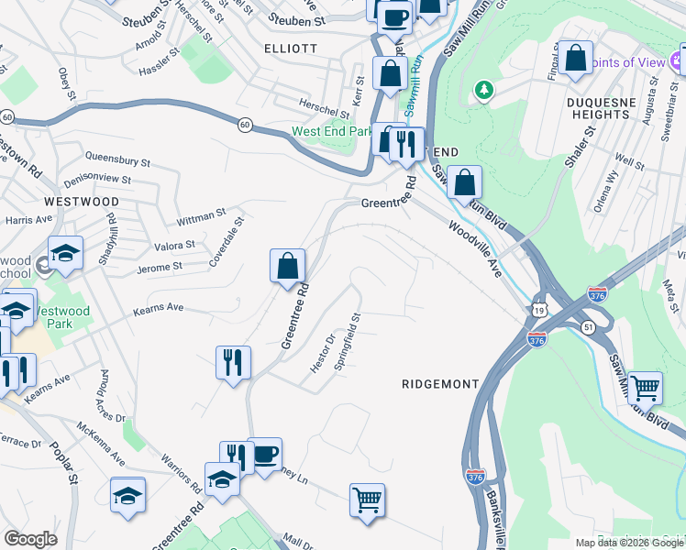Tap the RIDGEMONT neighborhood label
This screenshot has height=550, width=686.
[x=440, y=384]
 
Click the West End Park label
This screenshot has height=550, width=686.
[x=332, y=131]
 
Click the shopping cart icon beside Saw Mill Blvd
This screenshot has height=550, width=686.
[x=646, y=387]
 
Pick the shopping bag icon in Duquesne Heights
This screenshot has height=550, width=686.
[x=575, y=58]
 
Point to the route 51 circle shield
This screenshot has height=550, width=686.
[x=587, y=325]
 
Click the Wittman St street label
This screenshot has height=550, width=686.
[x=202, y=216]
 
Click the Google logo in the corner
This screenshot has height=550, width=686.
[x=30, y=539]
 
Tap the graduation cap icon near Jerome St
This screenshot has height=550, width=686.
[x=65, y=252]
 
